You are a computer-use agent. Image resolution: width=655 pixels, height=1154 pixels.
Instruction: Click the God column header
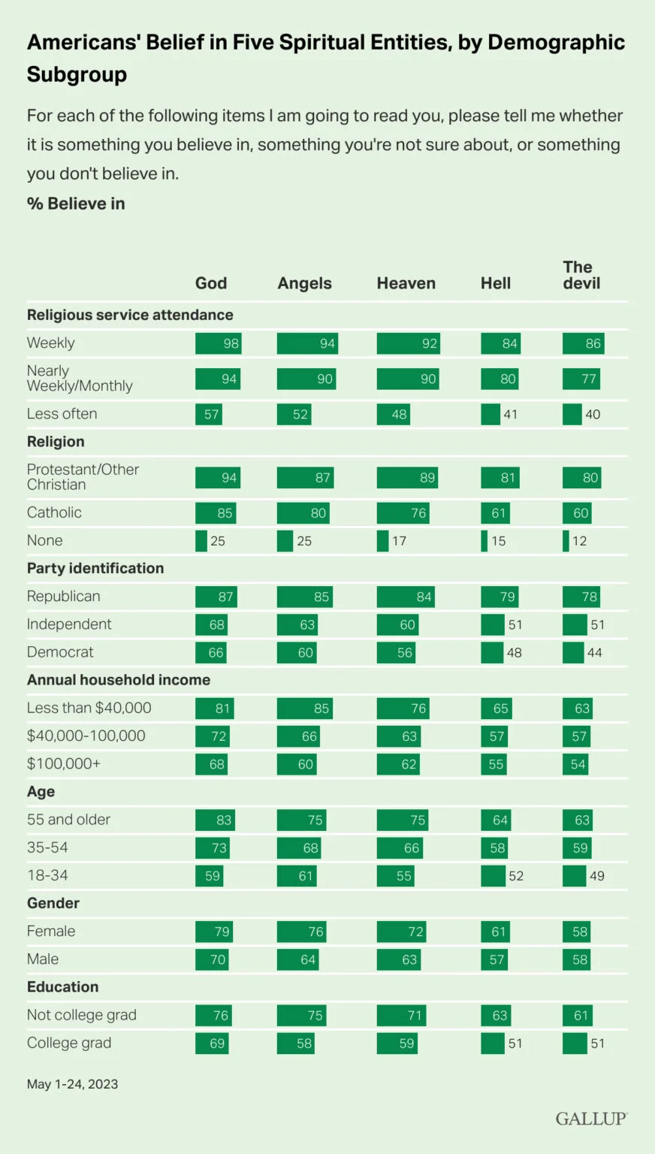point(210,283)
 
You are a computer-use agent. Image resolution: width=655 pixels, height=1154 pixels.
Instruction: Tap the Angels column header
point(304,283)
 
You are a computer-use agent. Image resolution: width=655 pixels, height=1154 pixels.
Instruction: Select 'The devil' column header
point(581,275)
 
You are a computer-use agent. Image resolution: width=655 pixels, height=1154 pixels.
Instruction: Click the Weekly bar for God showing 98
point(218,343)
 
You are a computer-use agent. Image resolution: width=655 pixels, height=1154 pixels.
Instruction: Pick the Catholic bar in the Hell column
point(495,513)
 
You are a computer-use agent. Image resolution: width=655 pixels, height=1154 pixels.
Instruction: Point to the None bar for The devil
point(566,541)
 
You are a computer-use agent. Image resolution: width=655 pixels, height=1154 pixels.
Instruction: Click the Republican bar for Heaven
point(406,597)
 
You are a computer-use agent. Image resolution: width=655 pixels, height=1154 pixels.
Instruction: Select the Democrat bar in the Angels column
point(296,653)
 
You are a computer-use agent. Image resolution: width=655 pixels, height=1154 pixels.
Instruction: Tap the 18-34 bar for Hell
point(493,876)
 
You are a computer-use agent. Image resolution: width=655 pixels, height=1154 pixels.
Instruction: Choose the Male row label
point(43,959)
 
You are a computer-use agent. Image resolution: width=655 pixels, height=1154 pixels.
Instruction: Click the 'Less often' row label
point(62,414)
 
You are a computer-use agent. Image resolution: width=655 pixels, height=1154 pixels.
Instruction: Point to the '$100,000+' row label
point(64,764)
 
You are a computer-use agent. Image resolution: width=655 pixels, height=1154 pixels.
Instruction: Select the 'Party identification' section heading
point(95,569)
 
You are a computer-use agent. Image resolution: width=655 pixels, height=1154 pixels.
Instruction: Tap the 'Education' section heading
point(62,987)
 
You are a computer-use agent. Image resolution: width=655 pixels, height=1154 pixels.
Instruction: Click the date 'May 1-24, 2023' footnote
point(72,1084)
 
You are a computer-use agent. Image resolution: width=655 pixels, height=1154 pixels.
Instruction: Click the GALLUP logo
point(591,1119)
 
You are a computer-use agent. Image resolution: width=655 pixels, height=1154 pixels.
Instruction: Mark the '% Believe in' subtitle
point(76,204)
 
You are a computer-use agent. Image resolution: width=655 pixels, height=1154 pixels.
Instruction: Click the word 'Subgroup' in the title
point(77,74)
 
